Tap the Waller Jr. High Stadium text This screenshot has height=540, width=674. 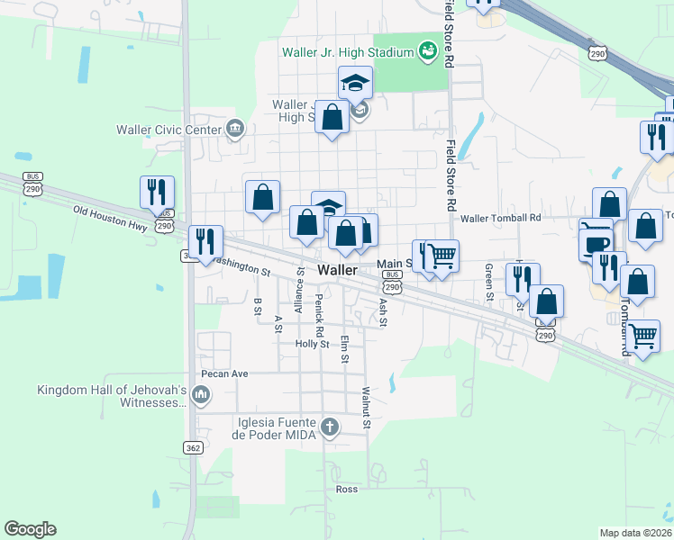click(347, 52)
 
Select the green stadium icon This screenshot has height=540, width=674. click(427, 51)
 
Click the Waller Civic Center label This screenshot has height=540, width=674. click(168, 130)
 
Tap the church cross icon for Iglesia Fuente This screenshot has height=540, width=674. click(331, 427)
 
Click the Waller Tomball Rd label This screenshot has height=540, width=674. click(500, 218)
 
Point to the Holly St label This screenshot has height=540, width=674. click(312, 344)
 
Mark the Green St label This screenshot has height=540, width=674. click(489, 281)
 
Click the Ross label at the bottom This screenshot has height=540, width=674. click(346, 490)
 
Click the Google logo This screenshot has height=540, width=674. click(30, 529)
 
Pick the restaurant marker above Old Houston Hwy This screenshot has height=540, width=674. click(157, 193)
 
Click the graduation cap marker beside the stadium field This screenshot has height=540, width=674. click(355, 84)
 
